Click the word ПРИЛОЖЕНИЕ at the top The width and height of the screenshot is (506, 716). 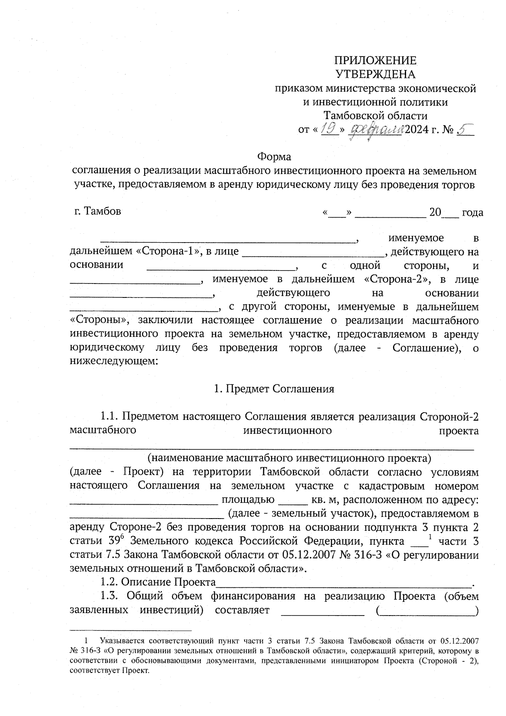375,60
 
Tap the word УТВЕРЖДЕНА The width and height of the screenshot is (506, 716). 375,74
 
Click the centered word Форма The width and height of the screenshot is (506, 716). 274,157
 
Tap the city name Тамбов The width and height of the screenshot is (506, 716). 102,211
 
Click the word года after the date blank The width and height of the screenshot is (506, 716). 472,212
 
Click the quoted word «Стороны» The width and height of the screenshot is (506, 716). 100,321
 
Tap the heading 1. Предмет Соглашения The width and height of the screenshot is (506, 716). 274,389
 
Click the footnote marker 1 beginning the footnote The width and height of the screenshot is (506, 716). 87,640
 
